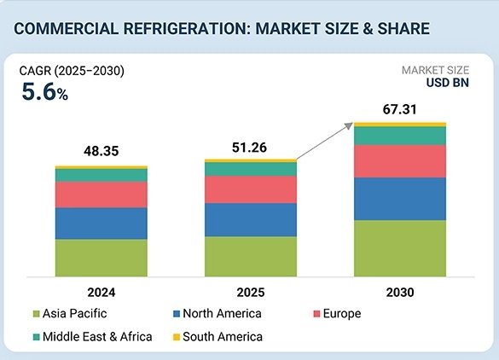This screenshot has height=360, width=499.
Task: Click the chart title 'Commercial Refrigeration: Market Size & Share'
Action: tap(222, 27)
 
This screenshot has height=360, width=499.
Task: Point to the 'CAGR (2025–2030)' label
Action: tap(72, 71)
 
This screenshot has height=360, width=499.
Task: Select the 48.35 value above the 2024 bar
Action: tap(101, 150)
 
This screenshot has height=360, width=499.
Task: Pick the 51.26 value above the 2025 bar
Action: tap(251, 147)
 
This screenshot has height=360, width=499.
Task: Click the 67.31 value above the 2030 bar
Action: tap(400, 109)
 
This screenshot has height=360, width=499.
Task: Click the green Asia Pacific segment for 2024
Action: tap(101, 258)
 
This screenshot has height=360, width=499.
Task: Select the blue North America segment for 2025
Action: tap(251, 219)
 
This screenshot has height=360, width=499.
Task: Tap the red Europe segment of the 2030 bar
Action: tap(400, 160)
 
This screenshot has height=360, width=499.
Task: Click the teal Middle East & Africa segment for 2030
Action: tap(400, 136)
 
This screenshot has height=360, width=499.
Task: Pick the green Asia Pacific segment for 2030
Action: tap(400, 247)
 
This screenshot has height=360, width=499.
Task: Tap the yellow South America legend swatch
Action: tap(177, 337)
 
